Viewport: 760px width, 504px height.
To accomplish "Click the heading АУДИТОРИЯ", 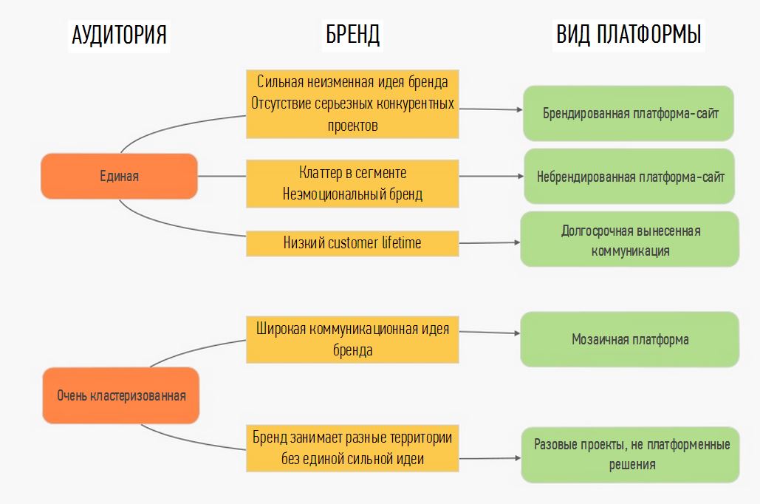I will point(119,35).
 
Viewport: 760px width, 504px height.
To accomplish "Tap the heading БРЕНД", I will point(352,35).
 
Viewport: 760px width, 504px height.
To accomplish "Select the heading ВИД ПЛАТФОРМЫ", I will point(629,35).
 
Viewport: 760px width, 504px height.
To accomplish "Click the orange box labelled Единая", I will point(119,176).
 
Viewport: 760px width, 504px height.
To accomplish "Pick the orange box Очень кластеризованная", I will point(121,395).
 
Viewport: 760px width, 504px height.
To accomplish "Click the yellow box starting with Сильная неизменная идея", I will point(352,103).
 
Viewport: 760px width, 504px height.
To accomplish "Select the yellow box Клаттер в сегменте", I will point(352,183).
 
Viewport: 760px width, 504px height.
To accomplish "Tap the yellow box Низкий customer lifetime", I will point(352,242).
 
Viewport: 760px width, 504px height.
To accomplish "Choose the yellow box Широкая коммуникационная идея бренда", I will point(352,338).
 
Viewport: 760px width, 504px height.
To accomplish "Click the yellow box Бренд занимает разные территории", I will point(352,448).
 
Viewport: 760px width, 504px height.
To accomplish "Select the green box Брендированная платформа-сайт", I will point(629,114).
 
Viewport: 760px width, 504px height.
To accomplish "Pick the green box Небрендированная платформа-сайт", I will point(629,177).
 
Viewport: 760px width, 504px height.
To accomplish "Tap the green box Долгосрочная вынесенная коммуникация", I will point(629,240).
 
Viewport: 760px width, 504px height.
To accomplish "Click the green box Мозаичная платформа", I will point(629,339).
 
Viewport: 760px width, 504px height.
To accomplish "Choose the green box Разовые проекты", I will point(629,454).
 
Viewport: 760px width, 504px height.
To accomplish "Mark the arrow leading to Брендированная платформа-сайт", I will point(490,109).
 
